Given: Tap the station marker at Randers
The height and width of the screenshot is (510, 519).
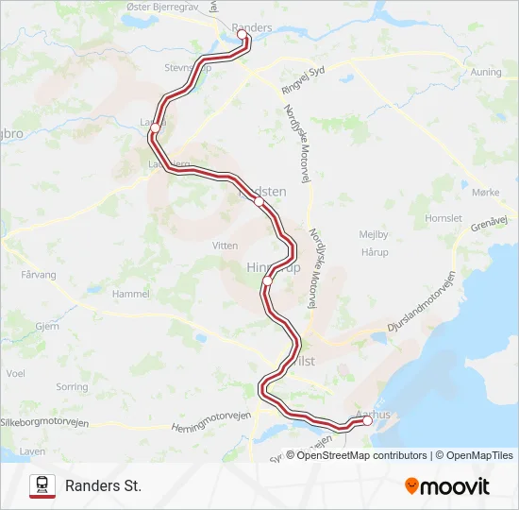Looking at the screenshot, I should point(242,35).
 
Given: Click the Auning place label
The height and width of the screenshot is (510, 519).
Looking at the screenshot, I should point(486,72).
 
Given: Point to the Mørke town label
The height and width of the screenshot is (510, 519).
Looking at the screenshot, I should point(485,192).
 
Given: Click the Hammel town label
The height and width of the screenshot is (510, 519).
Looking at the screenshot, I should point(131,295).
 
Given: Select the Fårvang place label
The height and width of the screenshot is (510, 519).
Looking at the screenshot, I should point(39,276).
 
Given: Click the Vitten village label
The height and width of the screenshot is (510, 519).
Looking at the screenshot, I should point(226,245).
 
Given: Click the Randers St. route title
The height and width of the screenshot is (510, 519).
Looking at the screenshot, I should point(103,486).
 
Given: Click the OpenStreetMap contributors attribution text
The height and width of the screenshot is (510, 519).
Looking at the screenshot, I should point(360,455).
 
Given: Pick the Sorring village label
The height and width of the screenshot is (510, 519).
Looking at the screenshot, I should point(72,387).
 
